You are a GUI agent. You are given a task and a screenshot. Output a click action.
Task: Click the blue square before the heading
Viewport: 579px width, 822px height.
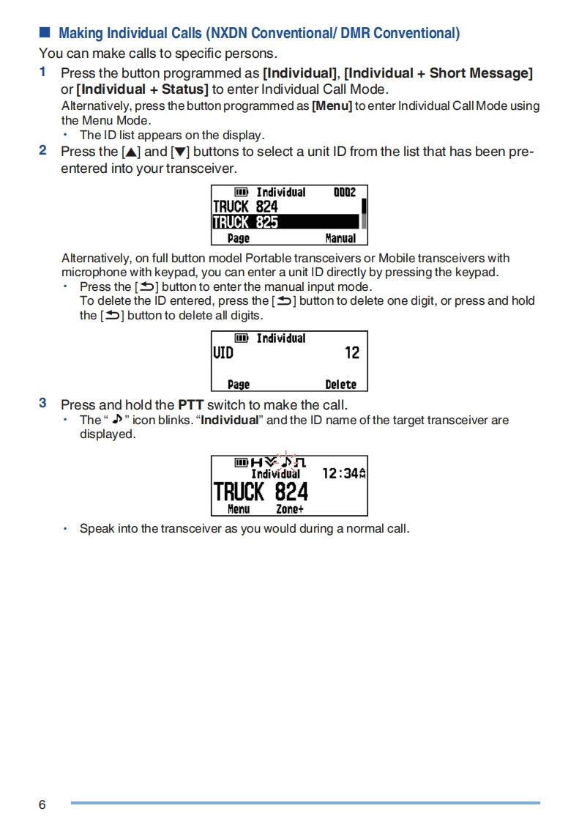tap(45, 33)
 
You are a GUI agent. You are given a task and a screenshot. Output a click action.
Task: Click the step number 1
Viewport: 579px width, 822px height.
tap(43, 72)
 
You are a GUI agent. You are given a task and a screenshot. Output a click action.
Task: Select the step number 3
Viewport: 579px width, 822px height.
tap(43, 403)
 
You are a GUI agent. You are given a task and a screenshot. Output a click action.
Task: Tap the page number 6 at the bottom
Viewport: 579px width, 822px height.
tap(42, 804)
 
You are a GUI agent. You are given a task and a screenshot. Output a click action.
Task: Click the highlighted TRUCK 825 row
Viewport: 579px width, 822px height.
tap(285, 222)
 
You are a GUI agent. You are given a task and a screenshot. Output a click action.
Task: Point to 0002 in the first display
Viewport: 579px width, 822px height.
tap(344, 192)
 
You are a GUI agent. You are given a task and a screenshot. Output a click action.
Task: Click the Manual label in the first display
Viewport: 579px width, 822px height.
tap(340, 238)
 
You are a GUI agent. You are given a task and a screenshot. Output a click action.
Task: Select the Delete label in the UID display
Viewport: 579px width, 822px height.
tap(340, 385)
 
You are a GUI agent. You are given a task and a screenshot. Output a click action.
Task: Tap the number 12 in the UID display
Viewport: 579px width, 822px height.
tap(352, 353)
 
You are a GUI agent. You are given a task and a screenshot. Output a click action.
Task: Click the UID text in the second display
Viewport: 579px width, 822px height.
tap(223, 353)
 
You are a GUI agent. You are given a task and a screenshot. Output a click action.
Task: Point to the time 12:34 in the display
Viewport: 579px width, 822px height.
tap(340, 474)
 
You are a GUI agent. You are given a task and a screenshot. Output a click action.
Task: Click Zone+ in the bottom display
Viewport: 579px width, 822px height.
tap(289, 509)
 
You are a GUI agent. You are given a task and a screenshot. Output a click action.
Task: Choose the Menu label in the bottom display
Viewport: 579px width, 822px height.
tap(239, 509)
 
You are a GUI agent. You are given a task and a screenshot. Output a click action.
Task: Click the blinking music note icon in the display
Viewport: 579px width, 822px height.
tap(287, 462)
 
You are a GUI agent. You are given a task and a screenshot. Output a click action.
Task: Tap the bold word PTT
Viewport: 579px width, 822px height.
tap(190, 405)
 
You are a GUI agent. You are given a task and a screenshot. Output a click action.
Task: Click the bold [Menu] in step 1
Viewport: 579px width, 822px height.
tap(332, 106)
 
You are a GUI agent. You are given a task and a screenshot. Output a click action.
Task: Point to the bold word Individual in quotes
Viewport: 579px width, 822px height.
tap(230, 421)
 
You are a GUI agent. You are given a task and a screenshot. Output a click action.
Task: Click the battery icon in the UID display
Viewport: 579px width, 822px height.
tap(242, 338)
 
